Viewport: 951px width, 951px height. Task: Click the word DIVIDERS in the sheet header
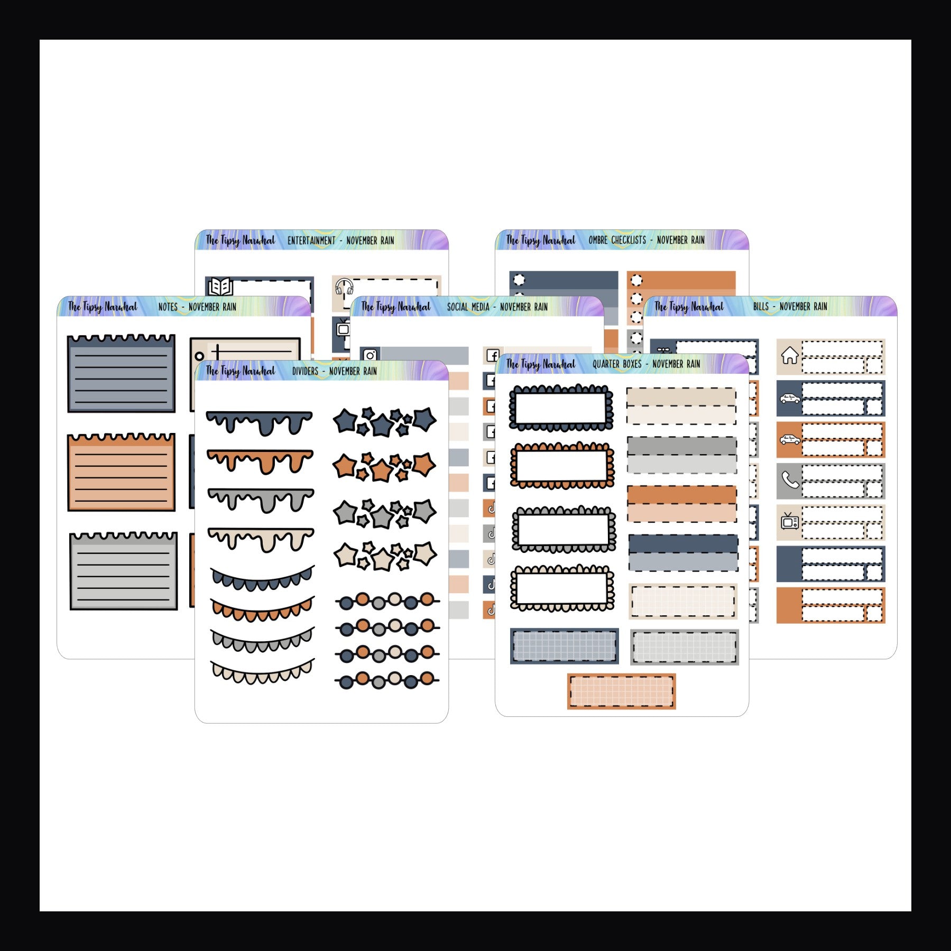305,371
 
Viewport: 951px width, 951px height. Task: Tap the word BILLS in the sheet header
761,307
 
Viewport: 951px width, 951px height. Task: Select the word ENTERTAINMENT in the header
311,241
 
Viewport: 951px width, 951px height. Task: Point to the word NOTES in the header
168,307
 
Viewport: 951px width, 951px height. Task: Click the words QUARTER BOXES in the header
617,364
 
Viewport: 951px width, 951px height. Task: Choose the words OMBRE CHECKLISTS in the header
617,240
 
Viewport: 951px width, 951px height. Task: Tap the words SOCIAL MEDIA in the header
468,307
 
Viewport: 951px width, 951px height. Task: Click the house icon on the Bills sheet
790,356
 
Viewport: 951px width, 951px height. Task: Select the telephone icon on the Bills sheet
790,481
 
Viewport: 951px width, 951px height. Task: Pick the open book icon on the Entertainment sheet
220,287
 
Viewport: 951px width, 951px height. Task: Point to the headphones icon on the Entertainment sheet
344,287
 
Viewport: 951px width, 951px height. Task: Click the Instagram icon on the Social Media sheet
370,355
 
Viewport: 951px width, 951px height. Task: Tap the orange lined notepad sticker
121,472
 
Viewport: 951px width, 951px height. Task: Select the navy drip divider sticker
259,423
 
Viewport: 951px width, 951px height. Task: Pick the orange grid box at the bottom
622,691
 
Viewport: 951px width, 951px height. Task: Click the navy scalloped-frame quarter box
561,408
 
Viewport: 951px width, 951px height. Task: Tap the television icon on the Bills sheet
790,521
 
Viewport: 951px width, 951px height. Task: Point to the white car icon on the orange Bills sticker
790,439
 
